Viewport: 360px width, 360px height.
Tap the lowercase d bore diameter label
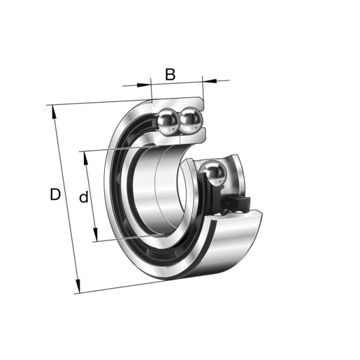coord(83,198)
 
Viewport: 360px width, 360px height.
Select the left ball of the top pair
coord(168,122)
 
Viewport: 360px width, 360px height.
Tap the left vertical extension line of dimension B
coord(151,91)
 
